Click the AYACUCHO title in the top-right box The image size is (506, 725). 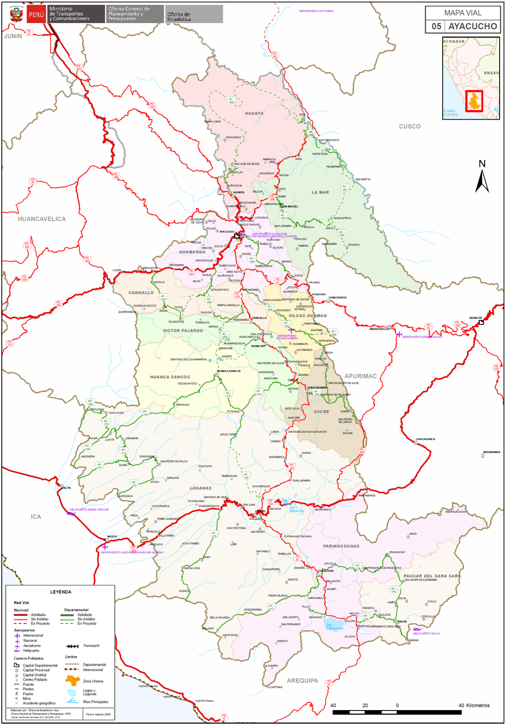472,26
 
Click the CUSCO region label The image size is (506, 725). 410,126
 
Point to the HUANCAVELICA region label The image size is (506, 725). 42,219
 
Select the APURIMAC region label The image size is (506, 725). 361,376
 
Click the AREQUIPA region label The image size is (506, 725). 302,681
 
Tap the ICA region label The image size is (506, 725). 36,517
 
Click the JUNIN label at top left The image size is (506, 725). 13,36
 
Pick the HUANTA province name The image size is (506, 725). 254,113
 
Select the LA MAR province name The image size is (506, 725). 320,192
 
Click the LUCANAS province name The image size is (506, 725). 201,488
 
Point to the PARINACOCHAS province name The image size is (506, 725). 341,546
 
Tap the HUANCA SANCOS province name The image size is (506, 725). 170,377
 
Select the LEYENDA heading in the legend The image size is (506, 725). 61,592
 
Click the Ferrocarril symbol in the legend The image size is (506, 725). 72,646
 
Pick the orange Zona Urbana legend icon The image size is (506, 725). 72,680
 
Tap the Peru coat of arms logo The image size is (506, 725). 16,14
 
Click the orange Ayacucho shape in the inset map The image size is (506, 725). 474,101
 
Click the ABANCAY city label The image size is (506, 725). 476,318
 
